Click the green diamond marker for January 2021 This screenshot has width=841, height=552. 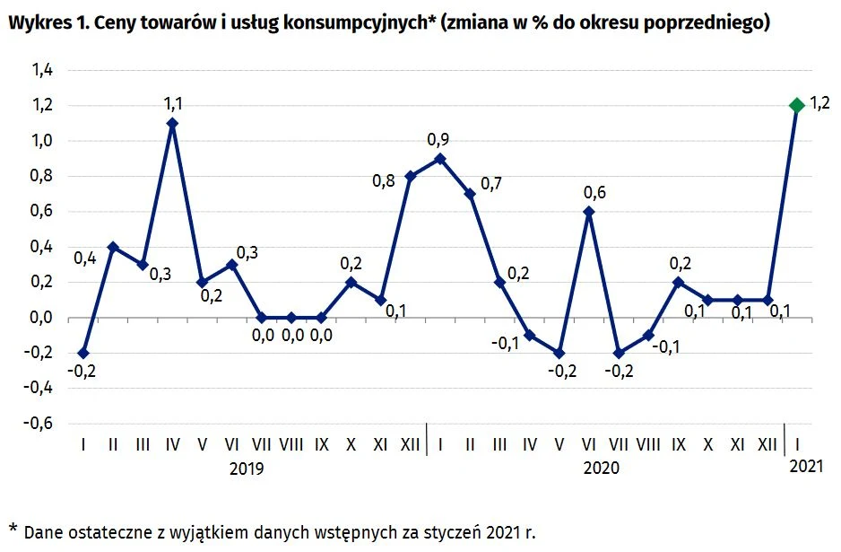pyautogui.click(x=796, y=105)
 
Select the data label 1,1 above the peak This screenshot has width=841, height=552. pyautogui.click(x=172, y=105)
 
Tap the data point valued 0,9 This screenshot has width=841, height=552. pyautogui.click(x=440, y=158)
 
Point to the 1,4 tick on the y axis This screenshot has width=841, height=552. pyautogui.click(x=43, y=70)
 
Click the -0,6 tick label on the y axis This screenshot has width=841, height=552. pyautogui.click(x=40, y=424)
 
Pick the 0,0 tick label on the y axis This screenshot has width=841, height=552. pyautogui.click(x=43, y=318)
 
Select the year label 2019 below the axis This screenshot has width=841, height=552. pyautogui.click(x=247, y=468)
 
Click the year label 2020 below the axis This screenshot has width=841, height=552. pyautogui.click(x=602, y=468)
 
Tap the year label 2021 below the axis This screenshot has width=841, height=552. pyautogui.click(x=806, y=468)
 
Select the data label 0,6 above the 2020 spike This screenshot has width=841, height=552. pyautogui.click(x=594, y=192)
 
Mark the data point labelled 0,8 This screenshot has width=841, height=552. pyautogui.click(x=411, y=176)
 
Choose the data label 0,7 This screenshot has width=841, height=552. pyautogui.click(x=491, y=184)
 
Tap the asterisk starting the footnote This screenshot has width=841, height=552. pyautogui.click(x=13, y=527)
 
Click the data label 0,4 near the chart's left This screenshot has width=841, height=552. pyautogui.click(x=85, y=259)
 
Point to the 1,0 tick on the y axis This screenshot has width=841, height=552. pyautogui.click(x=43, y=141)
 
